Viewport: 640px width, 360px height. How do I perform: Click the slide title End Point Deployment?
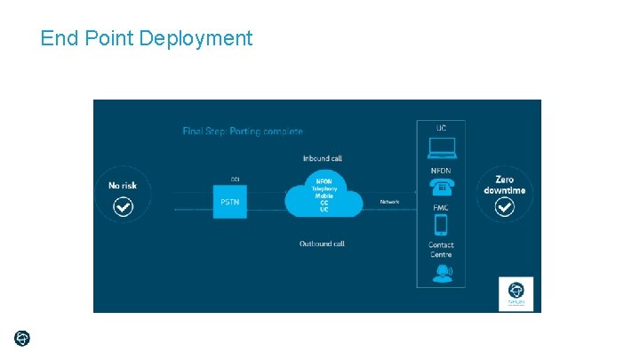pyautogui.click(x=147, y=38)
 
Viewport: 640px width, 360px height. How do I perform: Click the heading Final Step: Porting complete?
pyautogui.click(x=243, y=132)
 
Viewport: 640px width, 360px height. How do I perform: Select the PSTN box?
pyautogui.click(x=229, y=203)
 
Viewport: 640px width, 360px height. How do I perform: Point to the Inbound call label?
pyautogui.click(x=322, y=158)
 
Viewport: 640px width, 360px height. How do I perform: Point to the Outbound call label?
pyautogui.click(x=323, y=243)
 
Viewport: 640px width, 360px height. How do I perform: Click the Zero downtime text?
pyautogui.click(x=504, y=185)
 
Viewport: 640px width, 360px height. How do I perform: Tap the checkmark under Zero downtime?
pyautogui.click(x=504, y=207)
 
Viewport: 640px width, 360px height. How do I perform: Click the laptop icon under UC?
pyautogui.click(x=441, y=148)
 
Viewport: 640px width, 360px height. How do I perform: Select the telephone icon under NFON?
pyautogui.click(x=441, y=188)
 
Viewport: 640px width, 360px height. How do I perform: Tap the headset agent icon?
pyautogui.click(x=441, y=274)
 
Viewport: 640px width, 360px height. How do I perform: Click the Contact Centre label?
pyautogui.click(x=441, y=250)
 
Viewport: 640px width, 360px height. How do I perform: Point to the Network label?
pyautogui.click(x=389, y=202)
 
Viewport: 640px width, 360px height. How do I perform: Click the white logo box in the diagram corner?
pyautogui.click(x=516, y=292)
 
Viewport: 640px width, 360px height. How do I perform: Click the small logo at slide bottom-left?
pyautogui.click(x=22, y=338)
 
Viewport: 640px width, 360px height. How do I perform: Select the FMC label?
pyautogui.click(x=441, y=208)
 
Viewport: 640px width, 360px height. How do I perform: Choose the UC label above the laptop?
pyautogui.click(x=441, y=128)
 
